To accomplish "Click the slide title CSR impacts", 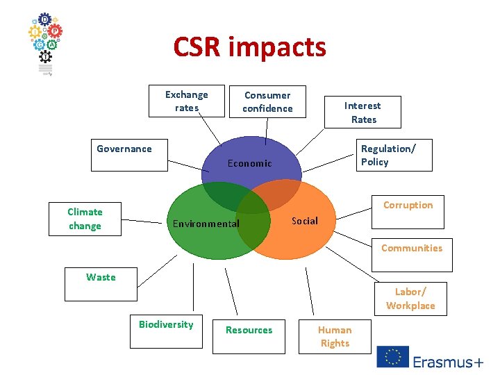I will click(x=249, y=47).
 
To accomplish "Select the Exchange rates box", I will click(x=186, y=101).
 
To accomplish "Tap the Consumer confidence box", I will click(x=267, y=102).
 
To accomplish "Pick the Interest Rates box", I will click(x=362, y=112).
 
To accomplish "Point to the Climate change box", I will click(x=85, y=219).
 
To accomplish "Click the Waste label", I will click(x=101, y=277).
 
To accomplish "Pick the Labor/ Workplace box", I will click(x=410, y=299).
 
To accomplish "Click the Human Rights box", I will click(x=335, y=337).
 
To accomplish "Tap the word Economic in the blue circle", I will click(x=249, y=163).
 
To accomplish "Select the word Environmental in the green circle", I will click(x=206, y=224).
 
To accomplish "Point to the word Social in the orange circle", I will click(x=305, y=221).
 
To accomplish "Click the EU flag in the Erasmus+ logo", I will click(x=392, y=357).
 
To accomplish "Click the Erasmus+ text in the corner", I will click(x=448, y=361).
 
